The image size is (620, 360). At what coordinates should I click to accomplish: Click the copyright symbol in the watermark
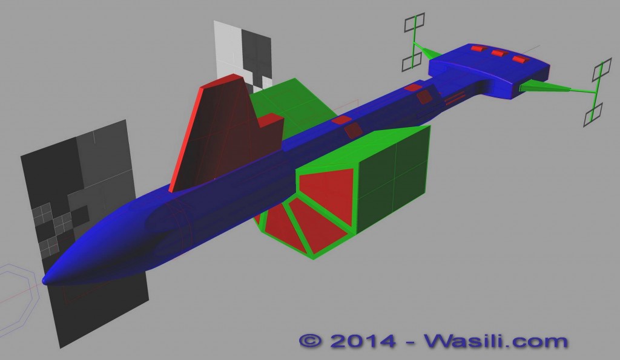311,340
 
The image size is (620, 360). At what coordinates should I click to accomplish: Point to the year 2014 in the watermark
363,341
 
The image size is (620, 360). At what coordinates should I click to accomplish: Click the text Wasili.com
496,340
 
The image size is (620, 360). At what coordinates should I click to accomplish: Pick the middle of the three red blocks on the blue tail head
500,53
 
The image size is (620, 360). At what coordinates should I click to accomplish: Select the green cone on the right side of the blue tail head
544,87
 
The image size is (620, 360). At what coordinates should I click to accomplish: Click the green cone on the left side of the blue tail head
429,53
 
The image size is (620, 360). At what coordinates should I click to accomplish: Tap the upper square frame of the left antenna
414,22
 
